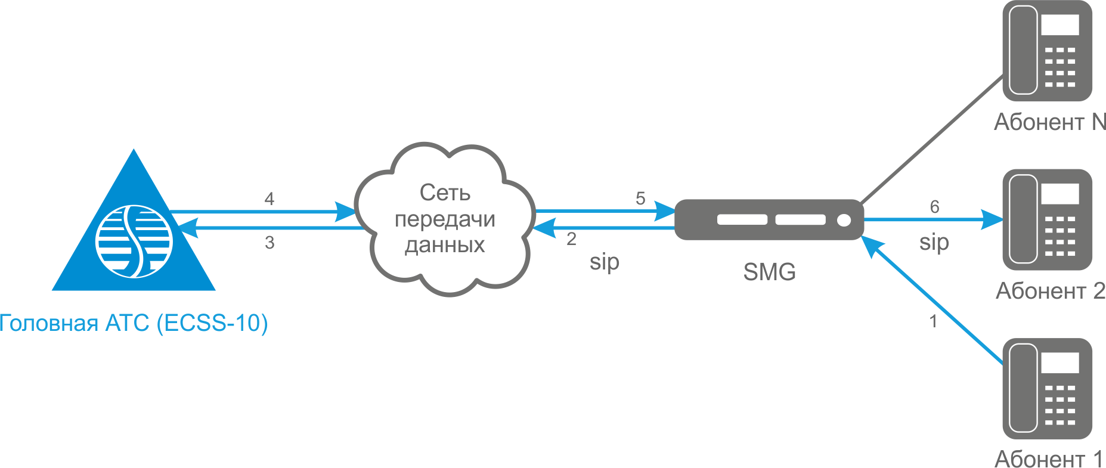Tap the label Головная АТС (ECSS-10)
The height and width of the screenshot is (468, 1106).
pyautogui.click(x=134, y=323)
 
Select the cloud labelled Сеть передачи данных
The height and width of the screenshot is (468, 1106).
pyautogui.click(x=444, y=219)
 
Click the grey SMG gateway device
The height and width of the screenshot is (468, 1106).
pyautogui.click(x=769, y=219)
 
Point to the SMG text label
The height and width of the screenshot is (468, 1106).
pyautogui.click(x=769, y=272)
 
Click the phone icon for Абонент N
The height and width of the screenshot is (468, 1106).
pyautogui.click(x=1047, y=51)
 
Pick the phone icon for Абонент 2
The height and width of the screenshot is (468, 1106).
pyautogui.click(x=1047, y=219)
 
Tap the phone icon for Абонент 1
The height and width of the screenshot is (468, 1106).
pyautogui.click(x=1047, y=389)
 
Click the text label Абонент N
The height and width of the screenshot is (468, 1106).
pyautogui.click(x=1050, y=122)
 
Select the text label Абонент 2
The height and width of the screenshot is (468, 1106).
pyautogui.click(x=1051, y=291)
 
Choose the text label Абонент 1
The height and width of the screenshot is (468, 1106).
pyautogui.click(x=1049, y=459)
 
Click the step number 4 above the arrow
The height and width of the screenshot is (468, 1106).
pyautogui.click(x=269, y=199)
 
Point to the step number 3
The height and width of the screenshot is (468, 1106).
pyautogui.click(x=269, y=243)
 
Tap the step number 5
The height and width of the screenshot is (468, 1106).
pyautogui.click(x=640, y=198)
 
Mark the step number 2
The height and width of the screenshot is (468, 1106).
pyautogui.click(x=571, y=239)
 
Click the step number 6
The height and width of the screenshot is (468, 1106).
pyautogui.click(x=934, y=207)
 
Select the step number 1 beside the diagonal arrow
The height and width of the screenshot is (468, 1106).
pyautogui.click(x=933, y=321)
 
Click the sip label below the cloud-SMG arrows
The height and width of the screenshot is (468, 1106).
pyautogui.click(x=605, y=262)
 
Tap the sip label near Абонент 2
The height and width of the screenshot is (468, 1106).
pyautogui.click(x=934, y=243)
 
